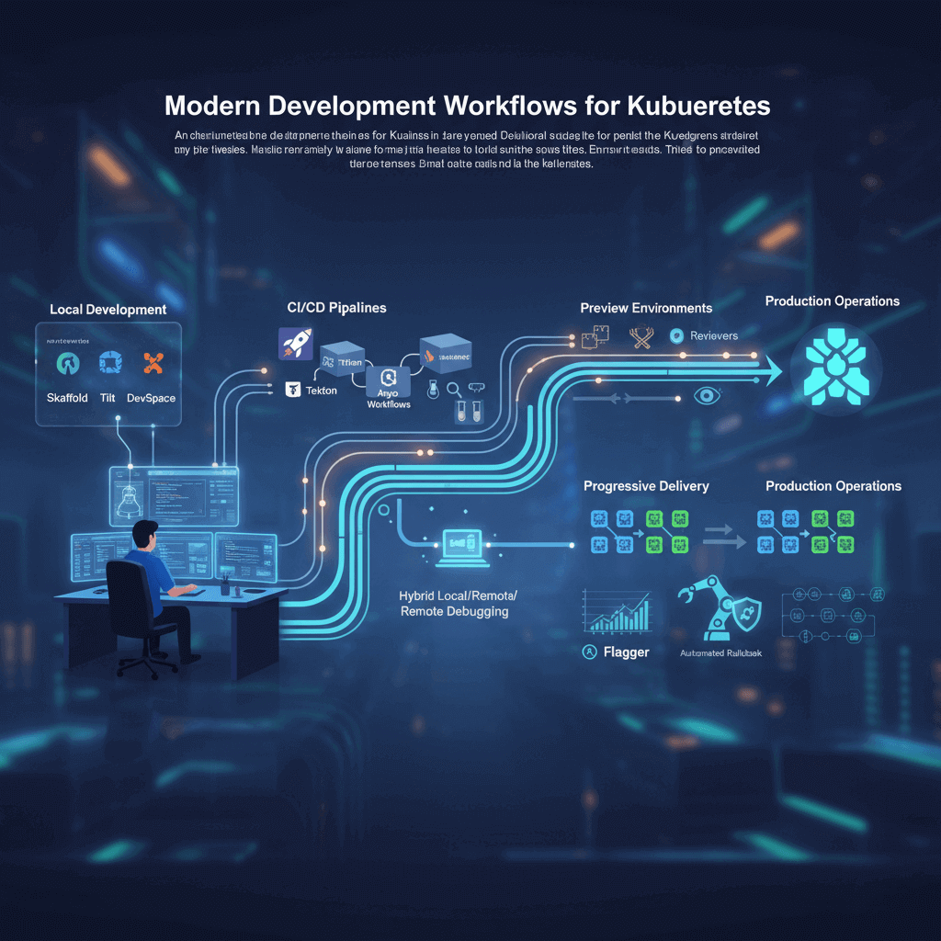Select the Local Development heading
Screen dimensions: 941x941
[x=108, y=310]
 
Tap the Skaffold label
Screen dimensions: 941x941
[x=67, y=398]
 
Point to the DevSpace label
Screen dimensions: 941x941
[x=152, y=398]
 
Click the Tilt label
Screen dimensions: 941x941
[x=107, y=398]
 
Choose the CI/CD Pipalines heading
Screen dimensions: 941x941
[x=335, y=308]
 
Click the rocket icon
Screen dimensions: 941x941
[x=296, y=344]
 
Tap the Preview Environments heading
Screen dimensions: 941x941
[x=646, y=308]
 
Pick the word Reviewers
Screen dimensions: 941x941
[x=714, y=335]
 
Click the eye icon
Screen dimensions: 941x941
[x=706, y=395]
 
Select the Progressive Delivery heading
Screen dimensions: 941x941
[x=646, y=486]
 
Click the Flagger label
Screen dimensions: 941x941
[x=627, y=652]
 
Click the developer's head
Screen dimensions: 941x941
[x=145, y=533]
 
